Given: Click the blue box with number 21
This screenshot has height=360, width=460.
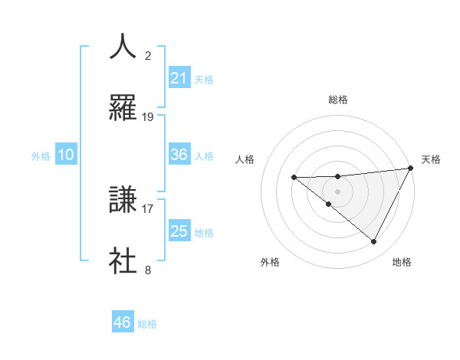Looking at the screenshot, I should click(179, 77).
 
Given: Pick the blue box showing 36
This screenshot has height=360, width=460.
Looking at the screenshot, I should click(179, 155).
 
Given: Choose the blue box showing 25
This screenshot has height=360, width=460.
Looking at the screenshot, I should click(179, 231).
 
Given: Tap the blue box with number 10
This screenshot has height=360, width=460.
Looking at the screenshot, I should click(66, 155).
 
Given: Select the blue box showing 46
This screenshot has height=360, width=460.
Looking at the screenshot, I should click(123, 322).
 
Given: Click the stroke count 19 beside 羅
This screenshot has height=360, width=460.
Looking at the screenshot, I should click(148, 117).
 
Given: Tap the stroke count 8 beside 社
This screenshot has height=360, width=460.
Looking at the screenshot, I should click(148, 270).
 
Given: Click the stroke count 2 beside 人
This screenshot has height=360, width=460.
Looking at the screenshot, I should click(148, 55).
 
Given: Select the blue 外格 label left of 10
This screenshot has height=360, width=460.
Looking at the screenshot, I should click(41, 156).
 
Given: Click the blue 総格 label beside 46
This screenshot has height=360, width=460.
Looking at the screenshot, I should click(147, 324).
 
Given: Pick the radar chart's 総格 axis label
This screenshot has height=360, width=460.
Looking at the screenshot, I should click(338, 100).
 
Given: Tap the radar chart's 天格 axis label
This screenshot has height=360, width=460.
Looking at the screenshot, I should click(431, 159).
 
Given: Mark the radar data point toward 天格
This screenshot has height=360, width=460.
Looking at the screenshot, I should click(412, 169).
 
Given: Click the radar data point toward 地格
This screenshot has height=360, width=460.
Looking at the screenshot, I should click(374, 241).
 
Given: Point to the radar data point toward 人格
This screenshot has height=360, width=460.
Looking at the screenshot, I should click(294, 178).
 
